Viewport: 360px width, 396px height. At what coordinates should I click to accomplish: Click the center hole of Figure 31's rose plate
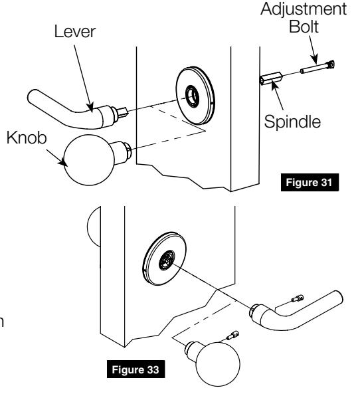pyautogui.click(x=193, y=94)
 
